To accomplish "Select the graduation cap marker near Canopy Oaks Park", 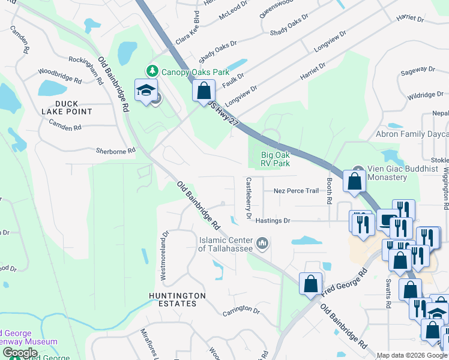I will [x=146, y=91].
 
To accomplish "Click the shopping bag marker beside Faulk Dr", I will [x=203, y=91].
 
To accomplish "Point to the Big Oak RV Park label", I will [x=276, y=159].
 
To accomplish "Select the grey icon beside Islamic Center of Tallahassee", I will [x=262, y=244].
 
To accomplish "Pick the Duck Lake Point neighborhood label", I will [x=67, y=107].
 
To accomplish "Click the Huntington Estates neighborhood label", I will [x=177, y=300].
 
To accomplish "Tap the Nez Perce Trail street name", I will [x=295, y=191].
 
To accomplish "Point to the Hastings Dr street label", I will [x=273, y=221].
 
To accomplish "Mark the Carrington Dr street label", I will [x=241, y=311].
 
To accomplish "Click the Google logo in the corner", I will [x=20, y=353].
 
